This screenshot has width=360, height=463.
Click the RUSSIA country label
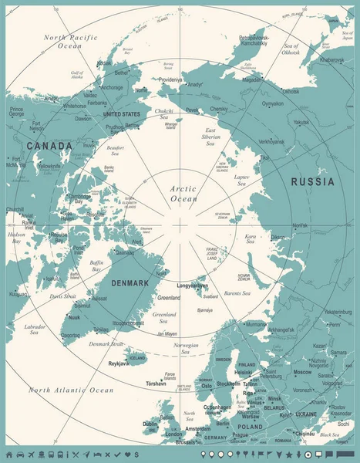coord(312,182)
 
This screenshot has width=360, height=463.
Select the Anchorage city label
coord(112,87)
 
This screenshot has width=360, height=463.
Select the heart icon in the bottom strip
coord(126,454)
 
